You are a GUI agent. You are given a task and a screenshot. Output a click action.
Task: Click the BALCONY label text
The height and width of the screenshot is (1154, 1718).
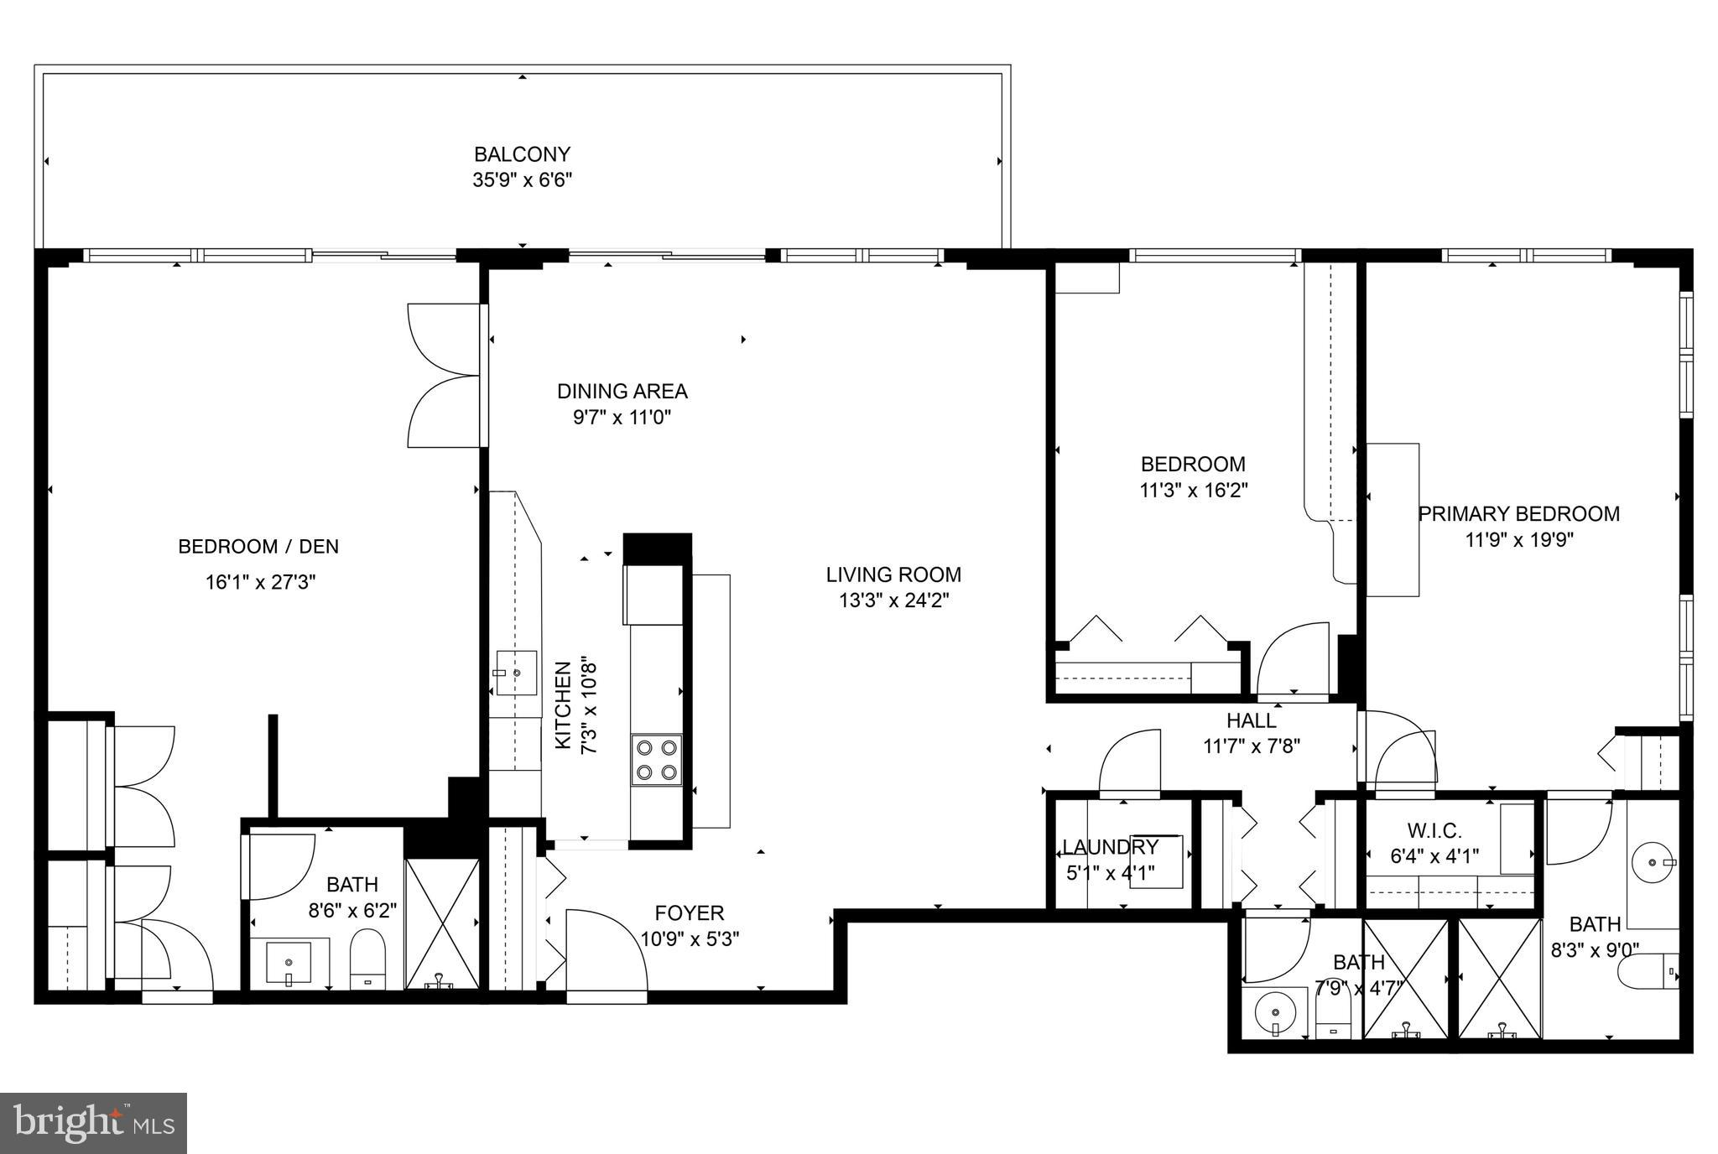pos(522,154)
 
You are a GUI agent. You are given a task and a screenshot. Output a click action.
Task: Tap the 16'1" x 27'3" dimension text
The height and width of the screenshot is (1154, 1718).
pos(260,582)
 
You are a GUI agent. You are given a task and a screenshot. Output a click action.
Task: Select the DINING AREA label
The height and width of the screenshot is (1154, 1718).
pos(622,391)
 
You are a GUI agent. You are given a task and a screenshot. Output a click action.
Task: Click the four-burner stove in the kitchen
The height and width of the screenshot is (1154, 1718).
pos(656,759)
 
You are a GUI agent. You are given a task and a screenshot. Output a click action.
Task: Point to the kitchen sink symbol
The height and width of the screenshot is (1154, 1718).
pos(516,673)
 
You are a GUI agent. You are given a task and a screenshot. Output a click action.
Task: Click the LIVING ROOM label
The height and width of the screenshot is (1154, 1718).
pos(893,574)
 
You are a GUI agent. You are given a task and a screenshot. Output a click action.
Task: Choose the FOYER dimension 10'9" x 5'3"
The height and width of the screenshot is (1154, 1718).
pos(690,938)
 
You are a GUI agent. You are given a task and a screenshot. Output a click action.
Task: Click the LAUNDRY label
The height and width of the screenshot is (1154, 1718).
pos(1110,847)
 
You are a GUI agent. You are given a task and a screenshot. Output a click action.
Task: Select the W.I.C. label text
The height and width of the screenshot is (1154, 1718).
pos(1434,831)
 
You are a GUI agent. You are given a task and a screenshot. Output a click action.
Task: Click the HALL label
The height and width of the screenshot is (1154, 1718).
pos(1251,720)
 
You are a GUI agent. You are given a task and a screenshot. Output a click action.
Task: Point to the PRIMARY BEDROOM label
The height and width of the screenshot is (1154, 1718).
pos(1518,514)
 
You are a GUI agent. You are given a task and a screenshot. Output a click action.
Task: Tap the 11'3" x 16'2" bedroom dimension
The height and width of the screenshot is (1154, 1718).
pos(1193,491)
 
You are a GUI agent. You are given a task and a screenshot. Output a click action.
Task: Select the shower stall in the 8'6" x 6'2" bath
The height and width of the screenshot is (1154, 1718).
pos(441,923)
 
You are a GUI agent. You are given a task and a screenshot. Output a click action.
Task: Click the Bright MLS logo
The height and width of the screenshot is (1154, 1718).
pos(93,1123)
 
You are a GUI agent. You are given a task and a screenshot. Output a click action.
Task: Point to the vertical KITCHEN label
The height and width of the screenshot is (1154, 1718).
pos(564,704)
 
